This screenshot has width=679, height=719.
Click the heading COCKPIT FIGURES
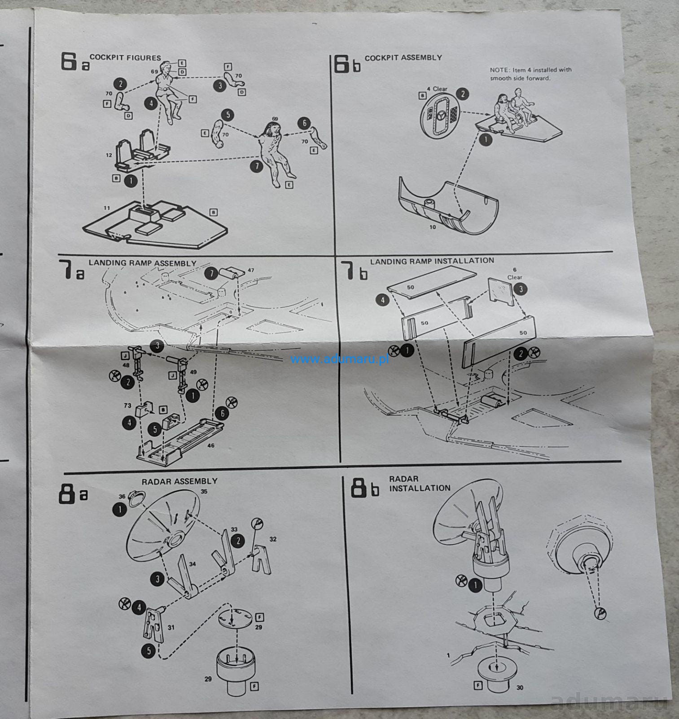click(125, 58)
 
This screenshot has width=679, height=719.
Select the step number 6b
click(347, 64)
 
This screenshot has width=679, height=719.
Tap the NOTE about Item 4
click(530, 74)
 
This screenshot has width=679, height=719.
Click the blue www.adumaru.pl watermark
click(339, 359)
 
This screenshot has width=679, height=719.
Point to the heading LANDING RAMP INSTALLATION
click(432, 261)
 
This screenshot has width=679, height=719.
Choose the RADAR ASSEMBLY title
click(180, 481)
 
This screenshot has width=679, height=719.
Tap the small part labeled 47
click(232, 272)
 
